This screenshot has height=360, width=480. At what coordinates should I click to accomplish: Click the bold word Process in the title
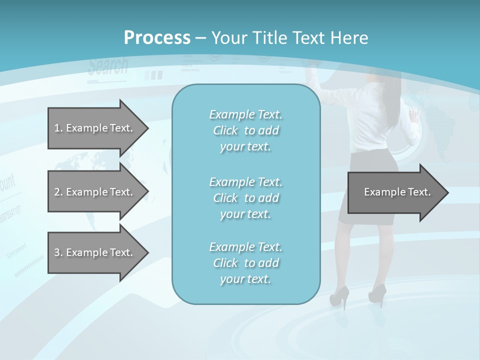coord(157,38)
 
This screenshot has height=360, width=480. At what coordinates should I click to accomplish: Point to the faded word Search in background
coord(108,66)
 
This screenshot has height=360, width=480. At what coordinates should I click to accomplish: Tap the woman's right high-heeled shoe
coord(377,294)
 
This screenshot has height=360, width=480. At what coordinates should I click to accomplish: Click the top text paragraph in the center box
coord(245,130)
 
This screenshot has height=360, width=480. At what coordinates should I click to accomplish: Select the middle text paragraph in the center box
coord(245,197)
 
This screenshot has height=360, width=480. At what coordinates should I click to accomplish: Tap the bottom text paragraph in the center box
coord(245,263)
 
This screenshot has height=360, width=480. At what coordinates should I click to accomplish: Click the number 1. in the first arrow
coord(58,128)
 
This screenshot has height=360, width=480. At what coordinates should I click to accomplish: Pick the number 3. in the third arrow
coord(58,252)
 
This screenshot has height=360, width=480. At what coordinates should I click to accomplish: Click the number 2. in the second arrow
coord(58,192)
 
